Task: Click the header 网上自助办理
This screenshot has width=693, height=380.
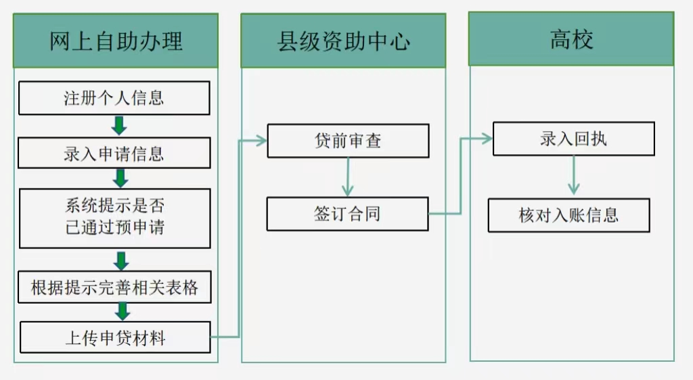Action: (116, 41)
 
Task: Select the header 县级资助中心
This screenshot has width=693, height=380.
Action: (343, 41)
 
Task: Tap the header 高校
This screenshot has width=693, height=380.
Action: (571, 39)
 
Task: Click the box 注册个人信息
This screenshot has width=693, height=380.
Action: (114, 99)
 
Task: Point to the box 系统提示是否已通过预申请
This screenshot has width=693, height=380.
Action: (114, 218)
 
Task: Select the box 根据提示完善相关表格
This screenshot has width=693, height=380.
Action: (114, 287)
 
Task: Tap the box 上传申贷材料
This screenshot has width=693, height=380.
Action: (115, 337)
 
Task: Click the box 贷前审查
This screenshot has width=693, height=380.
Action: (348, 141)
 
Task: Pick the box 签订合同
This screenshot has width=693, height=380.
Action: (347, 214)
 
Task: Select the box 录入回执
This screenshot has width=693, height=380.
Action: (573, 139)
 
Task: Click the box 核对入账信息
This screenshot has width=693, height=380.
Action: (568, 215)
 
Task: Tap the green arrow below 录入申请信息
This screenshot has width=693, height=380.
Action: (120, 178)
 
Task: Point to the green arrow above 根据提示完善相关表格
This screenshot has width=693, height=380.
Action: (121, 261)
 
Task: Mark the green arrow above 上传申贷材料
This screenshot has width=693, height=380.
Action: (122, 311)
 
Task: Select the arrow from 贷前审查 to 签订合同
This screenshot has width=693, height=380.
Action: (348, 177)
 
